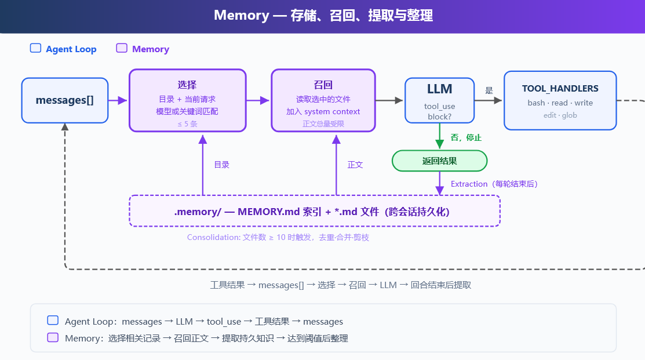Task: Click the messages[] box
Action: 64,100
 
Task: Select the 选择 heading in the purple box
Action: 187,85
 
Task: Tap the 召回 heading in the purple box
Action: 323,85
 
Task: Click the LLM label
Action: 439,89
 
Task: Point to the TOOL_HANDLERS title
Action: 560,89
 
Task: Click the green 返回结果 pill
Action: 439,161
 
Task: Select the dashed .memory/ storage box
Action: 315,211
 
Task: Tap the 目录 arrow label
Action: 222,165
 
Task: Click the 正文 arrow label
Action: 355,165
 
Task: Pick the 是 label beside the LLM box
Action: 489,90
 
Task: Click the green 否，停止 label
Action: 466,137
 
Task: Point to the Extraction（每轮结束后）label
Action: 494,184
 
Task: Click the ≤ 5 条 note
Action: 187,124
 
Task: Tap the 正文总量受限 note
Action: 323,124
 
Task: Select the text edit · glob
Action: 560,115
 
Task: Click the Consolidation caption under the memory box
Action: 278,238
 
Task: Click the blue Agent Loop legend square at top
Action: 36,48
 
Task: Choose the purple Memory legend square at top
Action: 122,48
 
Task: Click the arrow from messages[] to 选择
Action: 118,100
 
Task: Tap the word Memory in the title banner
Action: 242,15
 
